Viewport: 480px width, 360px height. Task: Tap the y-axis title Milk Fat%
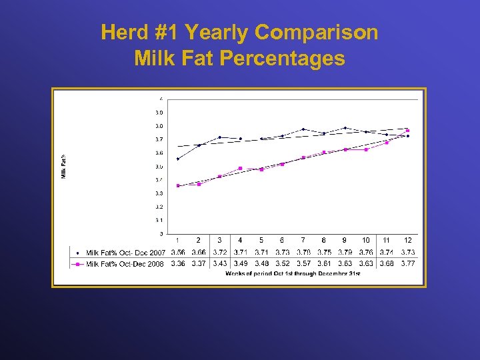coord(64,167)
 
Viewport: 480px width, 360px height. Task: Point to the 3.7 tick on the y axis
coord(159,139)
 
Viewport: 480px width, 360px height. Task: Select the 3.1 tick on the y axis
coord(159,220)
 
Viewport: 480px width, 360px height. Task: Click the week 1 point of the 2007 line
coord(178,159)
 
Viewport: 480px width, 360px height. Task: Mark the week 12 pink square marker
coord(407,131)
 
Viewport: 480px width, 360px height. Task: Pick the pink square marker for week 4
coord(241,168)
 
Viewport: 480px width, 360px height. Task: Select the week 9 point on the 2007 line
coord(345,128)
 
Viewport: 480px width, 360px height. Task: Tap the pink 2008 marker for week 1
coord(178,185)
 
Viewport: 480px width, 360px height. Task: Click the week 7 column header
coord(303,240)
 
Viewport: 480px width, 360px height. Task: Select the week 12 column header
coord(407,240)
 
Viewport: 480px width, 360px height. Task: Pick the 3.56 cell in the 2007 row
coord(178,253)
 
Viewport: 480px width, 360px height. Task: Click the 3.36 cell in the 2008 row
coord(178,264)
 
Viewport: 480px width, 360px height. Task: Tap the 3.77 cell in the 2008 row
coord(407,264)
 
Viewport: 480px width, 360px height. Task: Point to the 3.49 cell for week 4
coord(241,264)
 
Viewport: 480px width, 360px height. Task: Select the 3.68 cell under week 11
coord(387,264)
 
